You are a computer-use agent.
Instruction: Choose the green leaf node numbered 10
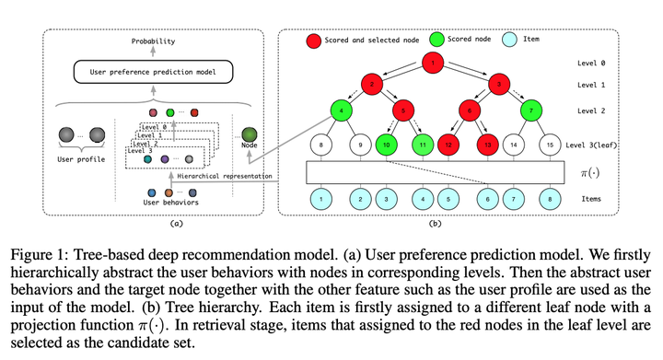[385, 145]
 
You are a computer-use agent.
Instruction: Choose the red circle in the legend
[315, 40]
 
